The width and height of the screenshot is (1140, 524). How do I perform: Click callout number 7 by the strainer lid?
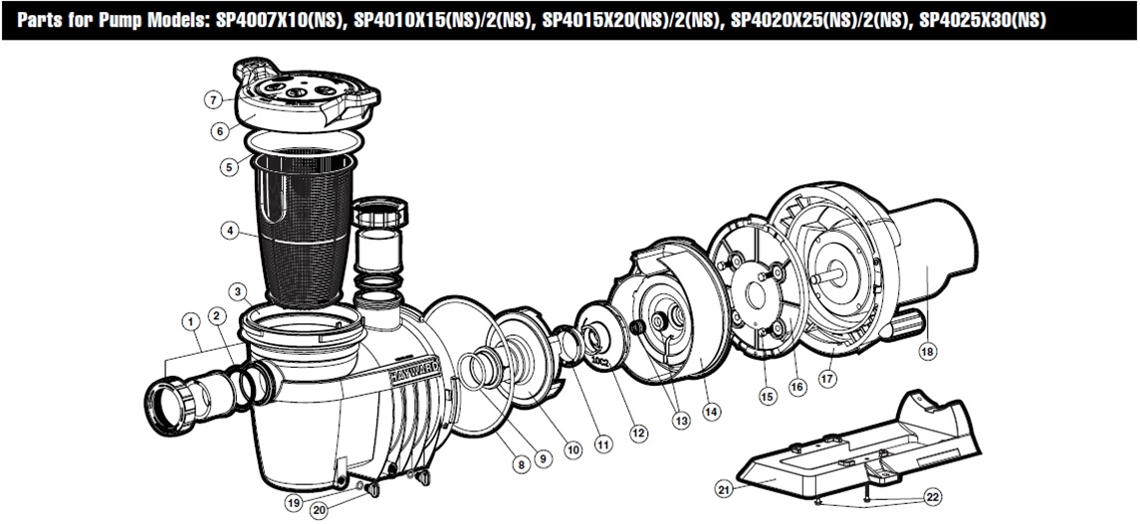(x=213, y=99)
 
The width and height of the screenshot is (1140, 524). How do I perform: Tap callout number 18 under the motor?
(x=928, y=351)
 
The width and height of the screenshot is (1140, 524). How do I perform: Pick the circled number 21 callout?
(x=724, y=487)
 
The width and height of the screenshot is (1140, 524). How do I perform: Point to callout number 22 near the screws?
(x=931, y=495)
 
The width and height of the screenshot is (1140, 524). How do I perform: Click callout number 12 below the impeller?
(x=638, y=433)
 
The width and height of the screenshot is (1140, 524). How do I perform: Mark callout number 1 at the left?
(x=188, y=320)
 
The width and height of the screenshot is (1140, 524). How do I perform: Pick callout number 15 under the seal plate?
(x=766, y=396)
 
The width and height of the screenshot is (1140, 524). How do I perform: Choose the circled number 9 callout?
(x=543, y=457)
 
